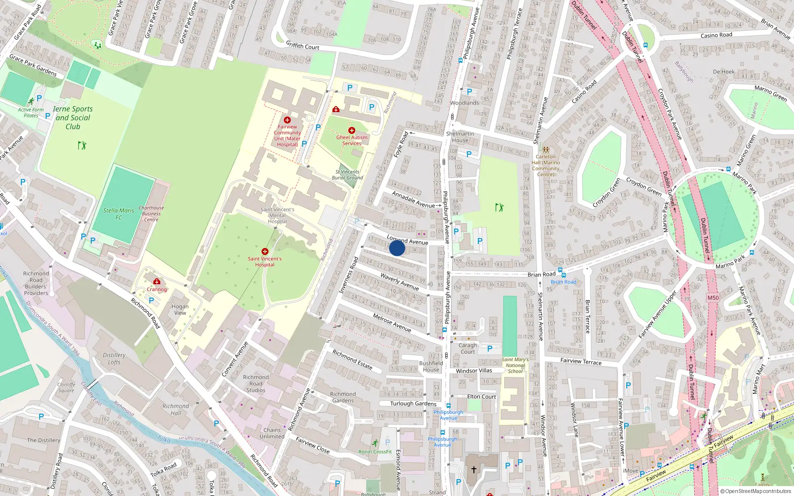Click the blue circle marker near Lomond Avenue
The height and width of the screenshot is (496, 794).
[397, 248]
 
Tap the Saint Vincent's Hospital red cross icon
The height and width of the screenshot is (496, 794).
[265, 251]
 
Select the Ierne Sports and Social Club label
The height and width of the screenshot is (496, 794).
[73, 118]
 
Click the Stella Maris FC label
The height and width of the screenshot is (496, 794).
[119, 214]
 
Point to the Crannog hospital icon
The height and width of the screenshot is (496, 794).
[157, 281]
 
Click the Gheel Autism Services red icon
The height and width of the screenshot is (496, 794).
[351, 130]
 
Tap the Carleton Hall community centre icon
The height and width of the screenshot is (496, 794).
[545, 149]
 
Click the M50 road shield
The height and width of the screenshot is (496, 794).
[713, 298]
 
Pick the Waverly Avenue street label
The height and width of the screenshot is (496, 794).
[400, 281]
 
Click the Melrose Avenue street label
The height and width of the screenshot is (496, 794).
[392, 322]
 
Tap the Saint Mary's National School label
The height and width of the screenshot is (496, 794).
[515, 366]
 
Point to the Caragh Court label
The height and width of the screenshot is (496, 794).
[467, 348]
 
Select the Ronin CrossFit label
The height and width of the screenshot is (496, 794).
[375, 452]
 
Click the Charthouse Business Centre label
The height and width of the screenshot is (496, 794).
[151, 214]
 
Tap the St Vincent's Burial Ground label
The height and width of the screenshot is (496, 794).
[347, 175]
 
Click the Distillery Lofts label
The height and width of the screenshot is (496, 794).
[114, 359]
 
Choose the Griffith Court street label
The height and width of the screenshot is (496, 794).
[303, 46]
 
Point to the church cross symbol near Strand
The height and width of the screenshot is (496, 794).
[473, 469]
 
